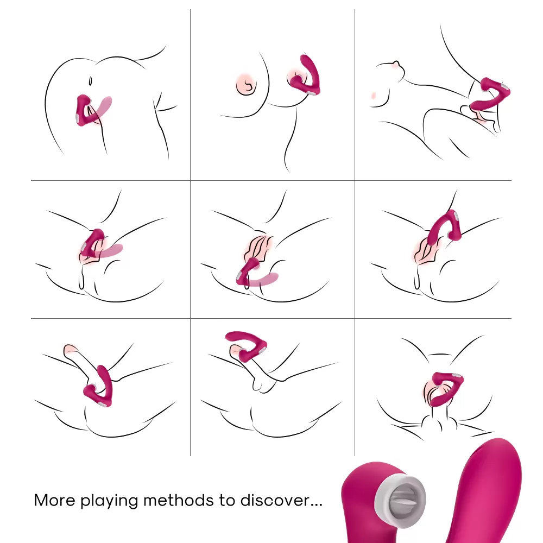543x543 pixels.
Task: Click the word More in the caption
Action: [55, 501]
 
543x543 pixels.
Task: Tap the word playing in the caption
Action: [109, 501]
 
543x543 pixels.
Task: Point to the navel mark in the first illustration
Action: [90, 81]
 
